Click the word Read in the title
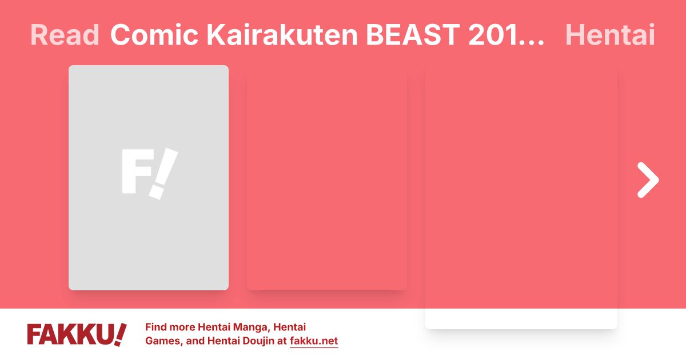pos(64,35)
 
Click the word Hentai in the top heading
pos(609,35)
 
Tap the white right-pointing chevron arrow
pos(648,180)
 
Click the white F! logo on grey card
pos(149,173)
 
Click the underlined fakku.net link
pos(314,342)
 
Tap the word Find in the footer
pos(156,327)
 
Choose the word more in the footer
pos(182,327)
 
